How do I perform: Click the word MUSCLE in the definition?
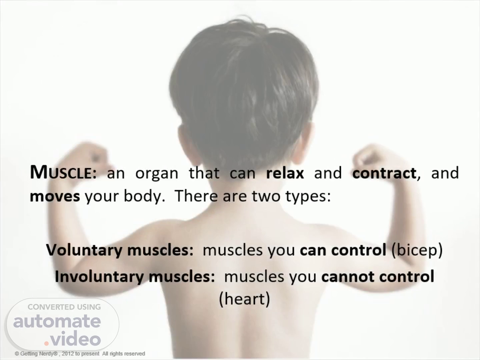[63, 173]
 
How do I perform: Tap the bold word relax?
[285, 173]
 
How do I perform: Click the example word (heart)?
[244, 299]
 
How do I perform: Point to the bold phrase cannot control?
[378, 277]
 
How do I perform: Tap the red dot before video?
[46, 343]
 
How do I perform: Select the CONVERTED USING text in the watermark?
[64, 307]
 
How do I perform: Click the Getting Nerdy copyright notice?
[80, 353]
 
